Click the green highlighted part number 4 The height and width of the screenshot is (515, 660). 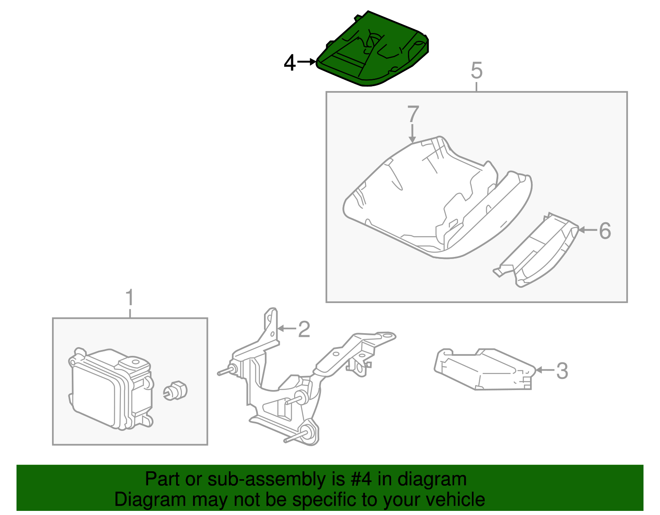(373, 52)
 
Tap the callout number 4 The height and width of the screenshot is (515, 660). (290, 63)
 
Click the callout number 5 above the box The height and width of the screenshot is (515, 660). (476, 71)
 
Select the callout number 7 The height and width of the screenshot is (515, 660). (413, 114)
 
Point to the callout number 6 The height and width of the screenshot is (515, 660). (605, 230)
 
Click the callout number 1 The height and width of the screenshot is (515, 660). (130, 298)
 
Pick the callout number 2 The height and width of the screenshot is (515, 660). (304, 329)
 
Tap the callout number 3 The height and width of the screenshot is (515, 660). (562, 371)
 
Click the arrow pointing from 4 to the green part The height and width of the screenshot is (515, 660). (306, 62)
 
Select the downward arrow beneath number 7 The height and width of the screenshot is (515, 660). (412, 134)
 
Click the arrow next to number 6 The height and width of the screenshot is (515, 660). (587, 230)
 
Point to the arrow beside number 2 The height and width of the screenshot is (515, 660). (287, 329)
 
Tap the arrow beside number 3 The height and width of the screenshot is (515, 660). (544, 370)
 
